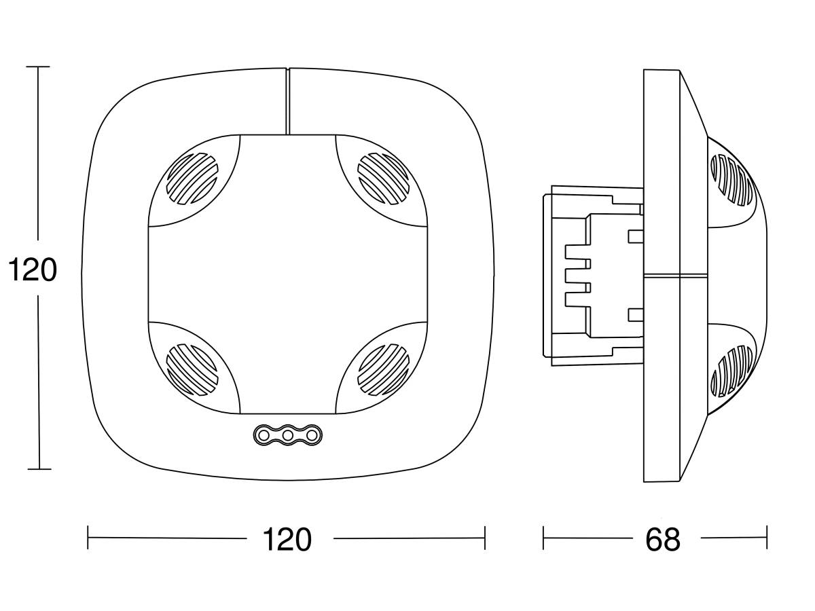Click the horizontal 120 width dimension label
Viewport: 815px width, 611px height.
pos(287,539)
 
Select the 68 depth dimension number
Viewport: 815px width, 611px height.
pos(662,539)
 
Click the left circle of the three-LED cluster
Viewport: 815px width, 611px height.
pos(263,434)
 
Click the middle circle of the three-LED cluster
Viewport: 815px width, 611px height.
pos(287,434)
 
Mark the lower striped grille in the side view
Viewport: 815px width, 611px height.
pos(732,371)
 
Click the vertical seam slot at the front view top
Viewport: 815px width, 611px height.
pos(287,100)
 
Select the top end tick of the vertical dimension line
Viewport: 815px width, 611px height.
pos(38,67)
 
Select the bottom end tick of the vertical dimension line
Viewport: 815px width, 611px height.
pos(39,469)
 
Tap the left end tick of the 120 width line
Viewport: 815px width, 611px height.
pos(88,538)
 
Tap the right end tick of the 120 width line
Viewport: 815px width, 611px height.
pos(485,538)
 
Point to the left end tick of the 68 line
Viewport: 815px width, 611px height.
pos(543,538)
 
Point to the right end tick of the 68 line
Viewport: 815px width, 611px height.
pos(767,538)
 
